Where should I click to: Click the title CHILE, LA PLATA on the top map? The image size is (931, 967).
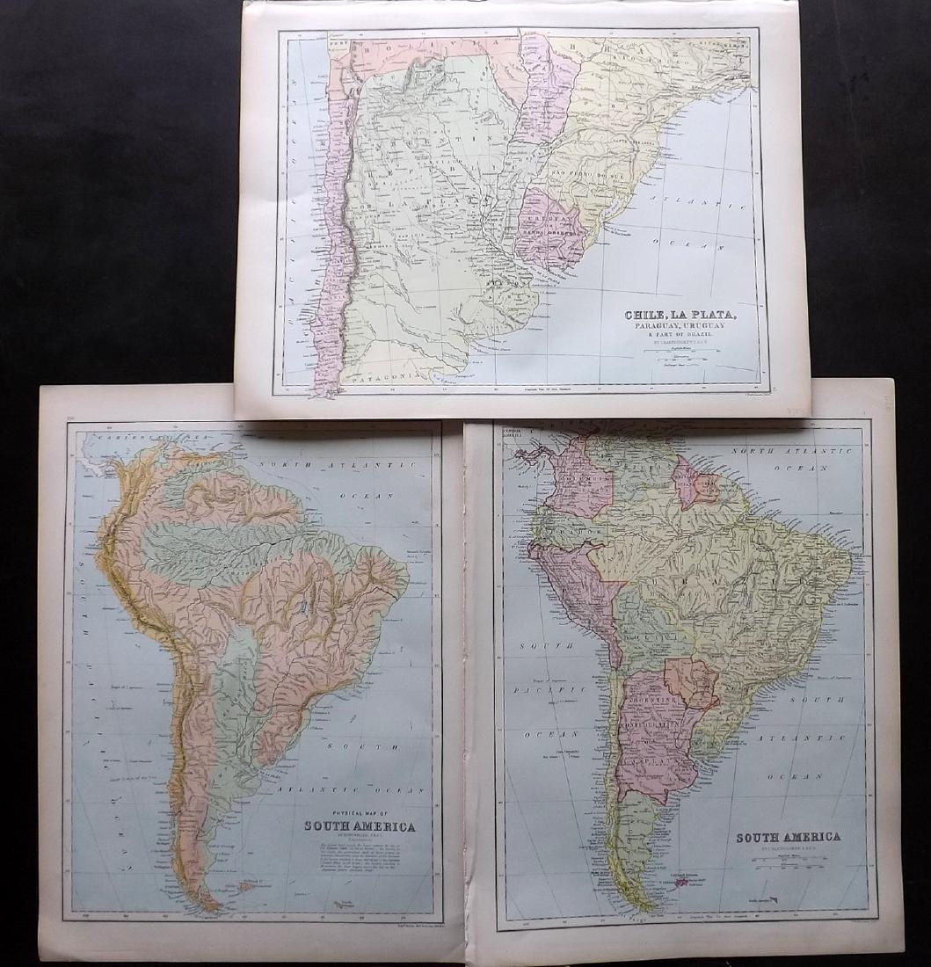pos(680,315)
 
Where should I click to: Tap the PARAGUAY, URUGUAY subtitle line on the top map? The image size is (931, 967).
pos(680,328)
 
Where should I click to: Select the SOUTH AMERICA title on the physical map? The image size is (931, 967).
pos(360,826)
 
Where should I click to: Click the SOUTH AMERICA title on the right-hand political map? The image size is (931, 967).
pos(788,837)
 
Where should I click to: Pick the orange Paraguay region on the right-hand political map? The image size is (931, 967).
pos(689,681)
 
